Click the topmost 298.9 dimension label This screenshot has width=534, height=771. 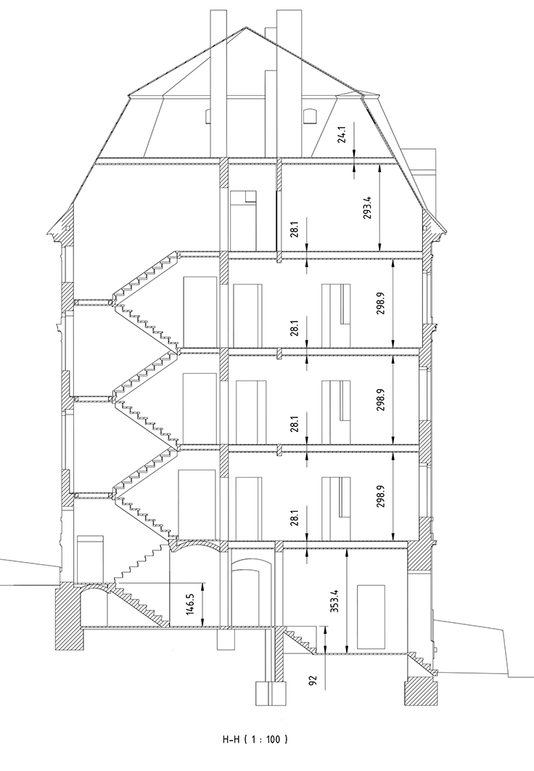[x=382, y=303]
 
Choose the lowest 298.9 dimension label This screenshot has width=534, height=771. [x=382, y=497]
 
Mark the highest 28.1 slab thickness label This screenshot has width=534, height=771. [x=295, y=229]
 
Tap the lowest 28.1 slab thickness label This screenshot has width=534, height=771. [x=295, y=519]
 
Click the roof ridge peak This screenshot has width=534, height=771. [x=245, y=28]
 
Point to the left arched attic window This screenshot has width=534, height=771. [x=208, y=115]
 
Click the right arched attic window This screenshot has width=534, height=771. [x=311, y=115]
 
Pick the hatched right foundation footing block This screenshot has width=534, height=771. [x=421, y=691]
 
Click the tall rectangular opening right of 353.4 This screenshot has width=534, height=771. [x=371, y=616]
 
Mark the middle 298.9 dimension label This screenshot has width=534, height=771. [x=382, y=400]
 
